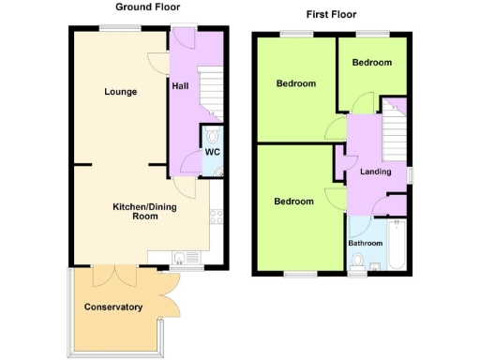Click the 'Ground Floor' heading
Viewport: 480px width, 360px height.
pyautogui.click(x=142, y=7)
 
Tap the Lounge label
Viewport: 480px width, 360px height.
pyautogui.click(x=122, y=92)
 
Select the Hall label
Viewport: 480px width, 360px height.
pyautogui.click(x=180, y=86)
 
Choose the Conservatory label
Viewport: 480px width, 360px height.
pyautogui.click(x=113, y=307)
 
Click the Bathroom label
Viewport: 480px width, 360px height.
pyautogui.click(x=366, y=244)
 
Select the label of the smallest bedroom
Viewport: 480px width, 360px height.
pyautogui.click(x=371, y=63)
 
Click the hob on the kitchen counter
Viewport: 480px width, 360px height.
pyautogui.click(x=217, y=217)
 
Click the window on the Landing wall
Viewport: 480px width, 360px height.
pyautogui.click(x=410, y=173)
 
